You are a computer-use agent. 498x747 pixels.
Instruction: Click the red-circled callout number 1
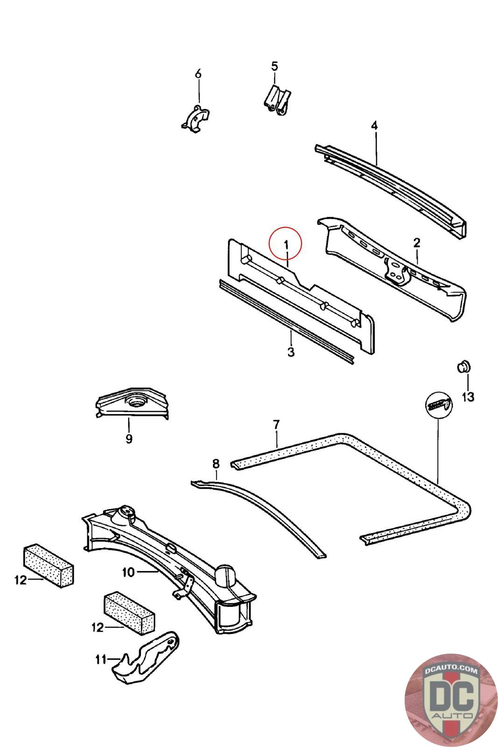tap(286, 244)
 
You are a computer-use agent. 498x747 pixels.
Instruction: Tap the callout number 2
tap(416, 242)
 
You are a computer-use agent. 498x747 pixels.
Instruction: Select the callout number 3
tap(291, 352)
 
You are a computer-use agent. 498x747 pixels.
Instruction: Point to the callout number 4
tap(374, 126)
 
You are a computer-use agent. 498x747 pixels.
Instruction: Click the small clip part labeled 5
tap(277, 100)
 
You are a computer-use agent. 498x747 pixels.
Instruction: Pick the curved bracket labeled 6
tap(196, 119)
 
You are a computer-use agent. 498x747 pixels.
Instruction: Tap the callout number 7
tap(276, 424)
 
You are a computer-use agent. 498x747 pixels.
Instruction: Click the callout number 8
tap(216, 464)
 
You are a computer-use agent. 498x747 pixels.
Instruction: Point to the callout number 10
tap(128, 572)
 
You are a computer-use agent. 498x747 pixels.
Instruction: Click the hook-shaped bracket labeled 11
tap(147, 658)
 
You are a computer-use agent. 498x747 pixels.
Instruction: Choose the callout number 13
tap(468, 397)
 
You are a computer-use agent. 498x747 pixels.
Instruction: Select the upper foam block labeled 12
tap(48, 565)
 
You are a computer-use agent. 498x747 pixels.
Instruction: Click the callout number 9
tap(129, 439)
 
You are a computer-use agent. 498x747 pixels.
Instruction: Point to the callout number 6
tap(198, 74)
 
